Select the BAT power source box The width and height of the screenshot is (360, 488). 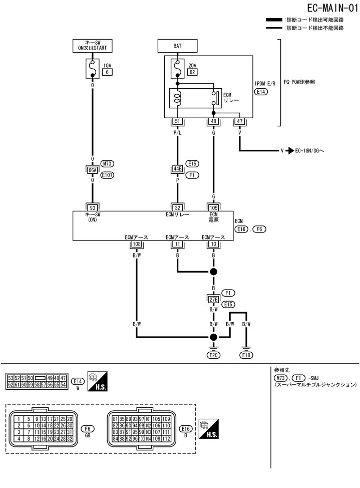pos(177,46)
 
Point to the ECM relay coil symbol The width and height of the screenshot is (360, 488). pos(177,98)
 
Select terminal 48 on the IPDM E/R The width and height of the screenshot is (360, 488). pos(214,122)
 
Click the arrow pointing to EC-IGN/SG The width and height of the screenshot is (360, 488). pos(289,150)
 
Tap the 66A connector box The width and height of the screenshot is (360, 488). pos(93,170)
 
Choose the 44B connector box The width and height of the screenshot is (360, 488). pos(177,169)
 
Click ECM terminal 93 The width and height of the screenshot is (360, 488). pos(93,208)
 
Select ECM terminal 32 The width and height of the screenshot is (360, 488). pos(177,208)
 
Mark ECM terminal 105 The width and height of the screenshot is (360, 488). pos(214,208)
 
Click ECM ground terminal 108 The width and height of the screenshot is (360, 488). pos(136,244)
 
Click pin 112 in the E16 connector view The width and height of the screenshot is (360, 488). pos(167,439)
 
